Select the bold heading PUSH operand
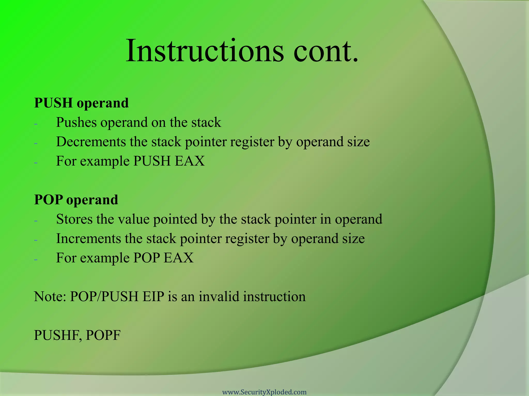(81, 103)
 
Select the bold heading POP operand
(76, 200)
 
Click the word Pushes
(76, 122)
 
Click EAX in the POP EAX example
(178, 258)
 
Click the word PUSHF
(58, 335)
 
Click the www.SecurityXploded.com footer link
(264, 392)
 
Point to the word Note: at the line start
(50, 296)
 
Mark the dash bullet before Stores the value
(36, 221)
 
